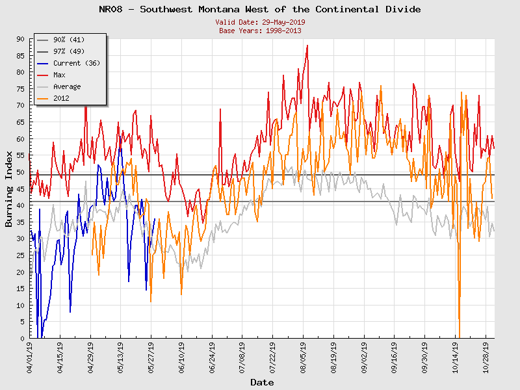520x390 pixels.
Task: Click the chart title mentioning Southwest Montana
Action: pos(259,9)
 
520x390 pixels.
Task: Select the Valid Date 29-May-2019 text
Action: pos(259,22)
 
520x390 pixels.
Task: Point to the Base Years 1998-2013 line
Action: pos(259,31)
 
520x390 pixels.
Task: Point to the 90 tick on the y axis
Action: pos(20,39)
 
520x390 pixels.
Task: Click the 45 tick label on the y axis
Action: pos(20,189)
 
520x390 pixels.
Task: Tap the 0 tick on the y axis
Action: pos(22,339)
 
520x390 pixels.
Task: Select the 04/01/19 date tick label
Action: pos(30,357)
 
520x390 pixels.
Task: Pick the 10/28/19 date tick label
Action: pos(486,357)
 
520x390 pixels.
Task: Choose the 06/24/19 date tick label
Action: pos(213,357)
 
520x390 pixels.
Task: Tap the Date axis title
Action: pos(262,383)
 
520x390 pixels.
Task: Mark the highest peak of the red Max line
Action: pos(307,45)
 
